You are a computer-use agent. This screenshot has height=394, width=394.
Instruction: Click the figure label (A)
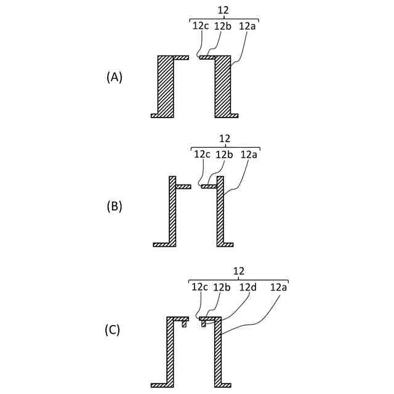click(115, 77)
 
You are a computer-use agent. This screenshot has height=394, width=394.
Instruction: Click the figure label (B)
click(115, 206)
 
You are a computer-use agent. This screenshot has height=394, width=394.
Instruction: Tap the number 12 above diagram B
click(225, 139)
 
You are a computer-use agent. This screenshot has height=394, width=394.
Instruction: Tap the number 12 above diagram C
click(239, 270)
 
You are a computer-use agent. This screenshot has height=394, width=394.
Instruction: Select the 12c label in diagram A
click(201, 26)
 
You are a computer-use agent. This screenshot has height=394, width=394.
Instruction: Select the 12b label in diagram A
click(222, 26)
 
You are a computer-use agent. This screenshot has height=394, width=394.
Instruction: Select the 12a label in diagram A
click(247, 26)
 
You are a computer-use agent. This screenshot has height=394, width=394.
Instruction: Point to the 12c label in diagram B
click(203, 154)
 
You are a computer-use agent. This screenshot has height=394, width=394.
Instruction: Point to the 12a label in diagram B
click(249, 154)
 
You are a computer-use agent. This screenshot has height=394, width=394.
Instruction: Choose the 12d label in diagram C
click(247, 287)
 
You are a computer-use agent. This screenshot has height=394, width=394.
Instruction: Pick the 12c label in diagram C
click(200, 287)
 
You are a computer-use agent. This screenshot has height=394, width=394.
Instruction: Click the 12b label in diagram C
click(222, 287)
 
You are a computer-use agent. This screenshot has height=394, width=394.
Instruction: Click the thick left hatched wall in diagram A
click(165, 86)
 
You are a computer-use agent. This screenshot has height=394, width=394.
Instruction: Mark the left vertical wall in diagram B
click(172, 212)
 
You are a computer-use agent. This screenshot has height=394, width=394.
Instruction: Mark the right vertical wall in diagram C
click(217, 354)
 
